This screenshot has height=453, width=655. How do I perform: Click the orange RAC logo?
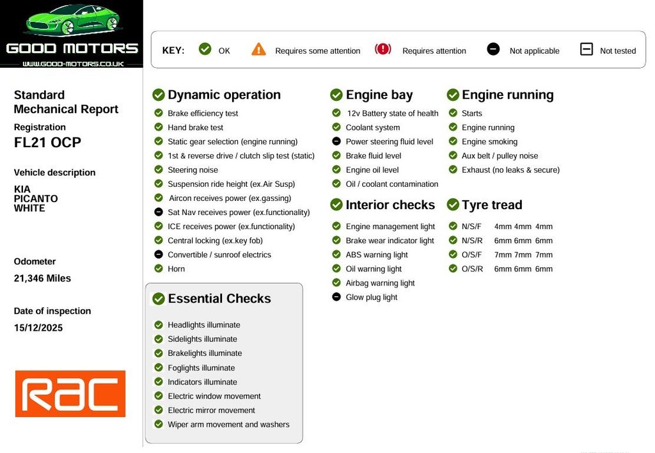coord(70,393)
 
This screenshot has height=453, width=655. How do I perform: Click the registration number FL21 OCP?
coord(47,143)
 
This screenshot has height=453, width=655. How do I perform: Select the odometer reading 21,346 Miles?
coord(42,278)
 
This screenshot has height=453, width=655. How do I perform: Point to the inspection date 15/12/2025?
coord(38,328)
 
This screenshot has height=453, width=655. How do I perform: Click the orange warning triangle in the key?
coord(258,49)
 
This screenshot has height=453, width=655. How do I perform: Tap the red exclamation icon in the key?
coord(383,49)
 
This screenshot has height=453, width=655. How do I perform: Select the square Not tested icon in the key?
coord(587,49)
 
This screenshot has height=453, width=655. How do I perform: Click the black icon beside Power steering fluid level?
coord(336,141)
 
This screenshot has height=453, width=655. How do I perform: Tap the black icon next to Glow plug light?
coord(336,297)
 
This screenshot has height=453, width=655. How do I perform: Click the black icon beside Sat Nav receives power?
coord(159,212)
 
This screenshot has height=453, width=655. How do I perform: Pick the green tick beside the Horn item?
coord(159,268)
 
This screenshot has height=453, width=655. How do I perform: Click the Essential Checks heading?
coord(219,298)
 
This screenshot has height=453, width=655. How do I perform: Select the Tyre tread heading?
coord(492,205)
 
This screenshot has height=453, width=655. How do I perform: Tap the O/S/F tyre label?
coord(471,255)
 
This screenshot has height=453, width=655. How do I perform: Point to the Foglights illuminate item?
coord(201,368)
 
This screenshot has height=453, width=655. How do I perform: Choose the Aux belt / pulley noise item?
coord(500,156)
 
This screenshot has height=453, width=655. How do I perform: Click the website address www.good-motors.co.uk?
coord(73,64)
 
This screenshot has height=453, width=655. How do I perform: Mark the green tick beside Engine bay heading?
coord(336,95)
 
